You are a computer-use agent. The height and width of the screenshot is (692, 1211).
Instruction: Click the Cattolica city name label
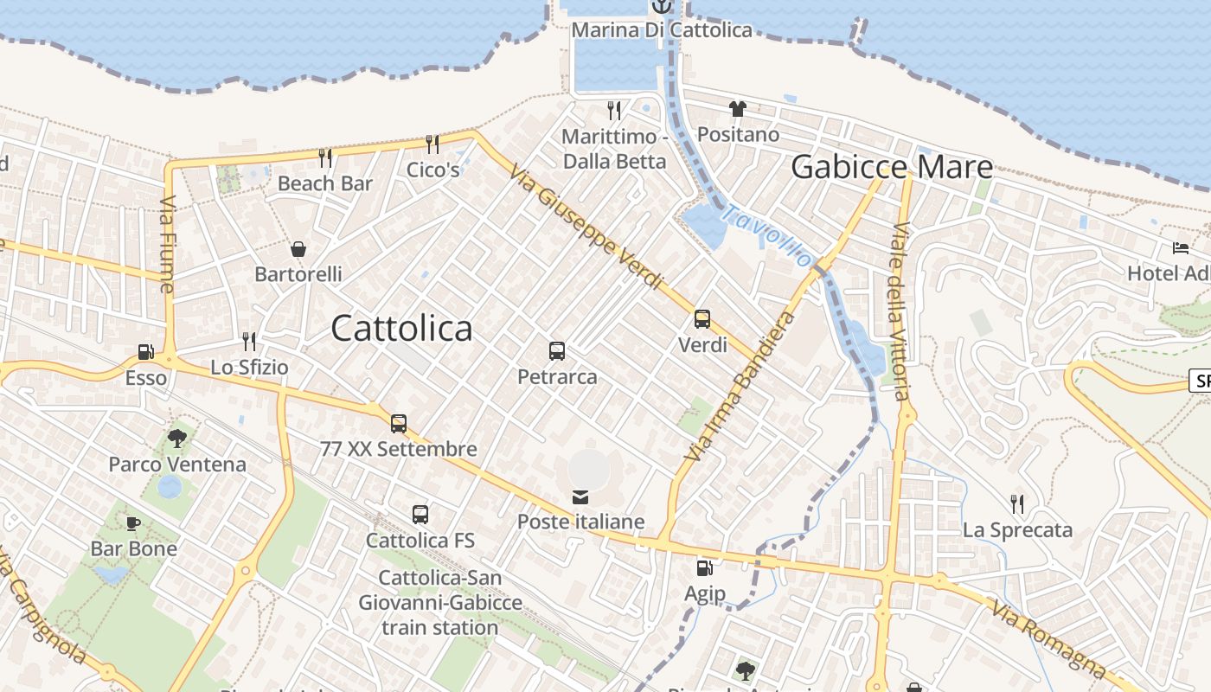pos(401,329)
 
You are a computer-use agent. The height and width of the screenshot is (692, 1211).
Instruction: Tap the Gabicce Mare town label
pos(891,167)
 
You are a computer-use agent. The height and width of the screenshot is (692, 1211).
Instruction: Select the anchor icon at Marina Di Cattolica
pos(662,7)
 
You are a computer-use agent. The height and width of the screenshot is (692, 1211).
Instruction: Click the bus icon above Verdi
pos(702,319)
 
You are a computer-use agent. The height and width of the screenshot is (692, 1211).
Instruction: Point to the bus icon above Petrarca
pos(557,351)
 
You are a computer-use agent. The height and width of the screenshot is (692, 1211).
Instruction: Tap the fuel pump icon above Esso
pos(145,352)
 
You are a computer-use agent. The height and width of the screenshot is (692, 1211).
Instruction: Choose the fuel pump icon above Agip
pos(705,568)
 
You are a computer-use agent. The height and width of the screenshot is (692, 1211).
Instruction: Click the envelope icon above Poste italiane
pos(580,497)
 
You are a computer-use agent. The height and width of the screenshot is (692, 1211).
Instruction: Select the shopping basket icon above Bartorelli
pos(298,249)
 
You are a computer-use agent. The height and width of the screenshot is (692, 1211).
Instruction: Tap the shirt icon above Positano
pos(737,109)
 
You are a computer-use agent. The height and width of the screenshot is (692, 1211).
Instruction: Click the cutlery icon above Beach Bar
pos(325,157)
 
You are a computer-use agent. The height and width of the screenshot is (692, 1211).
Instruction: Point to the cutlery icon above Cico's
pos(432,144)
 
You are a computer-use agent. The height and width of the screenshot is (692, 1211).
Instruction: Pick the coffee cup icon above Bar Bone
pos(133,523)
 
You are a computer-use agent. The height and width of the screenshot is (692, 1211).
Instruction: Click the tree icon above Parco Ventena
pos(177,439)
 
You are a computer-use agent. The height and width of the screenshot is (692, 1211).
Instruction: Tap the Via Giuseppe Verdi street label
pos(586,227)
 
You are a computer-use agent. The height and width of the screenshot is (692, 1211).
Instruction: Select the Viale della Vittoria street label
pos(900,311)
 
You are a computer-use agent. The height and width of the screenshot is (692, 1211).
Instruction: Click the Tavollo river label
pos(768,236)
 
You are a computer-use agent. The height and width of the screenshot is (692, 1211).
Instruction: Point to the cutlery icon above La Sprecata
pos(1017,503)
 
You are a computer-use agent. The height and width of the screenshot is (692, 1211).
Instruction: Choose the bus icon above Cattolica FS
pos(420,515)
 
